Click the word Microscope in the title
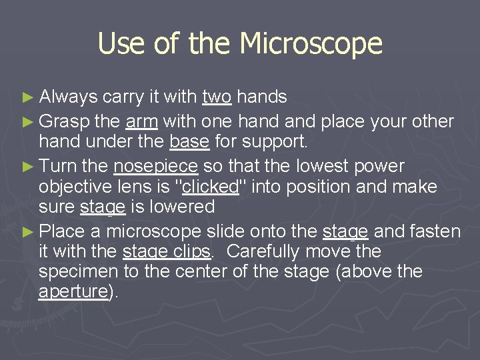pyautogui.click(x=311, y=44)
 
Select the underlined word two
pyautogui.click(x=217, y=97)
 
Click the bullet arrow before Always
pyautogui.click(x=27, y=98)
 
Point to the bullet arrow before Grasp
pyautogui.click(x=27, y=122)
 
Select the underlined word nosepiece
pyautogui.click(x=157, y=165)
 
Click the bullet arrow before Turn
pyautogui.click(x=27, y=166)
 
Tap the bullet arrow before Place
pyautogui.click(x=27, y=232)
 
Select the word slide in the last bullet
pyautogui.click(x=224, y=231)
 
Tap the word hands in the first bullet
pyautogui.click(x=262, y=97)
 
